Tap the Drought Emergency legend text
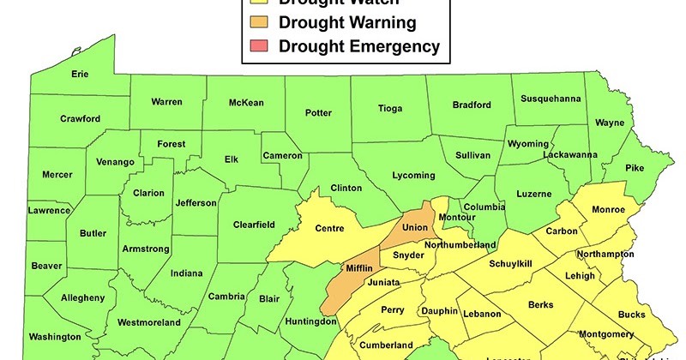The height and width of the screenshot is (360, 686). (359, 46)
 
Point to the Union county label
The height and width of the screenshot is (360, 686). (414, 228)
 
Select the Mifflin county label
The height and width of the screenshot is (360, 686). (358, 268)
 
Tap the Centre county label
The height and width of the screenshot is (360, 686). (329, 228)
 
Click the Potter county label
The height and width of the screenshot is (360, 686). (318, 112)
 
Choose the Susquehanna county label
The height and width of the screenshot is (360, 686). (551, 99)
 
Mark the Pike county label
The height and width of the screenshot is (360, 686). (634, 168)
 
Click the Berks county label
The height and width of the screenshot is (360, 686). (541, 304)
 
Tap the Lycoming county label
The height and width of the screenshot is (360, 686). (413, 175)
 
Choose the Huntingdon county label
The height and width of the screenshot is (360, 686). (310, 321)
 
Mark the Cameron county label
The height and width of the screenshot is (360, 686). (283, 155)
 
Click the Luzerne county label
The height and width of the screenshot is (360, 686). (533, 194)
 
